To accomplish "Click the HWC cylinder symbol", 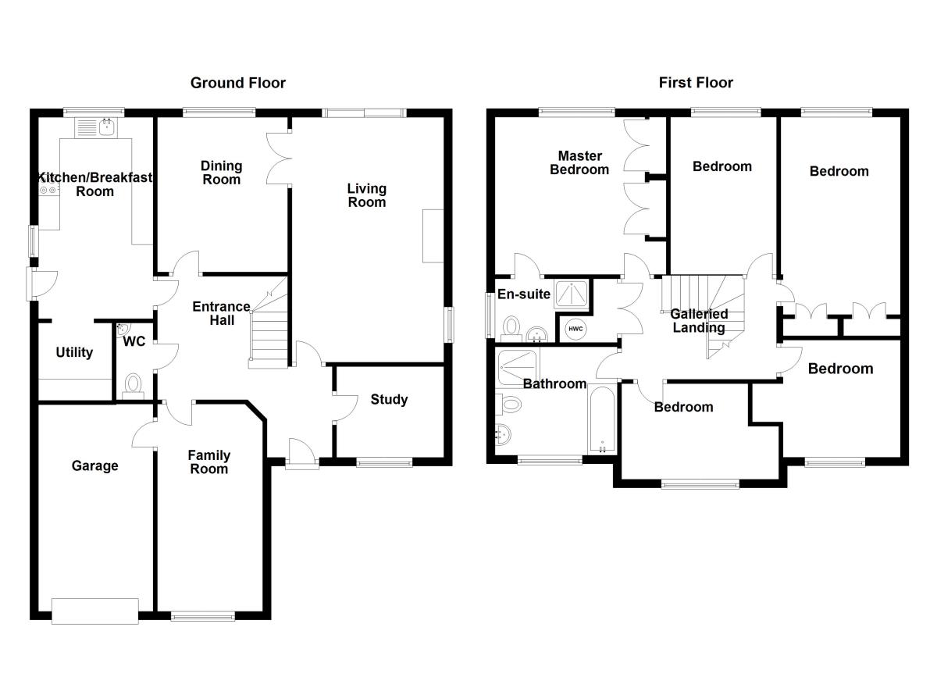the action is tap(575, 329).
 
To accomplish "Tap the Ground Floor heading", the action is tap(238, 83).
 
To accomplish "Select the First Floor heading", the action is tap(696, 83).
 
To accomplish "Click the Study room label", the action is tap(389, 400).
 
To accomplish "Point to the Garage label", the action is tap(95, 466).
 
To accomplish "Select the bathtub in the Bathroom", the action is tap(602, 419).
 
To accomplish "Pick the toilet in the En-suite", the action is tap(512, 326).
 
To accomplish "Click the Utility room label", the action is tap(74, 352).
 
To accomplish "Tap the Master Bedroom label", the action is tap(579, 162).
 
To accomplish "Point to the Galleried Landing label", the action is tap(699, 320).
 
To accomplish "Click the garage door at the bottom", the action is tap(95, 610).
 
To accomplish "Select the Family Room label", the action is tap(209, 462).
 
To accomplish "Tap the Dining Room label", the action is tap(221, 172).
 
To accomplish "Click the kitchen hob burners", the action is tap(48, 189).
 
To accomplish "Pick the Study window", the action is tap(384, 462).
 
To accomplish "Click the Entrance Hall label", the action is tap(222, 313).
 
